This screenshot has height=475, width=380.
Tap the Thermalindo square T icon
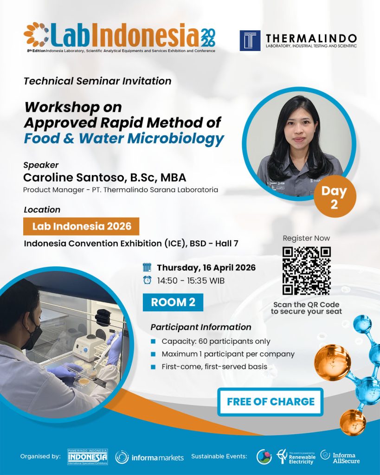(x=250, y=40)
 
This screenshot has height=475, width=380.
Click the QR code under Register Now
(x=306, y=271)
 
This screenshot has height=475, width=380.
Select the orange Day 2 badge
(x=334, y=197)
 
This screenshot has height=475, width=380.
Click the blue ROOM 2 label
(x=173, y=302)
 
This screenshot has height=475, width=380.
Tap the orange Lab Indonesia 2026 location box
(x=81, y=226)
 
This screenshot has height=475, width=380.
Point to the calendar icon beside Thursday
(x=147, y=268)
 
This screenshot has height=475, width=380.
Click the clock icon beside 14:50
(x=147, y=280)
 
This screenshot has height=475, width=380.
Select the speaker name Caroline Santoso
(x=104, y=177)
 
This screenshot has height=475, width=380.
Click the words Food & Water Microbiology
(x=124, y=138)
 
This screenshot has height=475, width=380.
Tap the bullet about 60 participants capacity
(x=216, y=341)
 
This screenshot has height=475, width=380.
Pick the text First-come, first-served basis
(x=214, y=366)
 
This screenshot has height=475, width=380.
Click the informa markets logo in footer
(x=149, y=457)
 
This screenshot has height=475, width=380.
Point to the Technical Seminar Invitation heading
(x=97, y=81)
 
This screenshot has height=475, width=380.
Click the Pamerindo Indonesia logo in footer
(x=88, y=456)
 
